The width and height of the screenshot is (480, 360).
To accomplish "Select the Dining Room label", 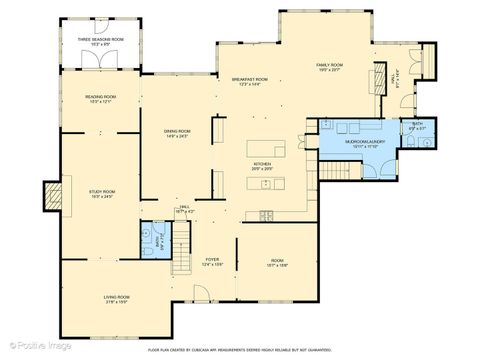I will coord(177,131).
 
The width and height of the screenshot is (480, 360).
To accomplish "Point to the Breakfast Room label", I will coord(250,80).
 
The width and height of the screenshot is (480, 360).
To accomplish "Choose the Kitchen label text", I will coord(263,165).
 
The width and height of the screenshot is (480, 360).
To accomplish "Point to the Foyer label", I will coord(212,262).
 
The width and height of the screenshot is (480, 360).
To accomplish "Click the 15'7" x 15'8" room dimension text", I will coord(277,266).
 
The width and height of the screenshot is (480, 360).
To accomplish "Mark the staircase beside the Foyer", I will coord(181,258).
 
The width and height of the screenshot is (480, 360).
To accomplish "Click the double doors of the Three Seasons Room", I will coord(100,59).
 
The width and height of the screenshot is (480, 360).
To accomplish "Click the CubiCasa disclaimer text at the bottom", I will coord(240,350).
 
